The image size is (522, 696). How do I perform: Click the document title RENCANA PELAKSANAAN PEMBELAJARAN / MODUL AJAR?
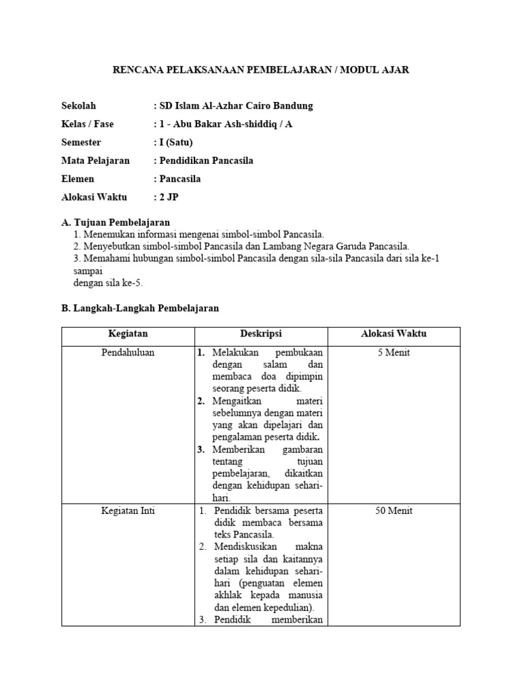pyautogui.click(x=260, y=69)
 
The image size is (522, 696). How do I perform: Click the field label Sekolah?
pyautogui.click(x=79, y=106)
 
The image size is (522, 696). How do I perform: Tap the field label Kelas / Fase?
pyautogui.click(x=88, y=124)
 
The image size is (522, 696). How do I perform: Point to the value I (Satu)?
pyautogui.click(x=175, y=143)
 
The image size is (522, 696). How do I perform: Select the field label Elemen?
pyautogui.click(x=77, y=179)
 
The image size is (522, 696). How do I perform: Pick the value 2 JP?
pyautogui.click(x=169, y=198)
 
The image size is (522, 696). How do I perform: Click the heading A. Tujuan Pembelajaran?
pyautogui.click(x=116, y=222)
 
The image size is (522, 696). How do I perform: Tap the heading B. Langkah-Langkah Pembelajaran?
pyautogui.click(x=140, y=308)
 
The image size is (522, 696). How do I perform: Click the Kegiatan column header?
pyautogui.click(x=128, y=334)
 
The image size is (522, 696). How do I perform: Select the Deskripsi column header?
pyautogui.click(x=261, y=334)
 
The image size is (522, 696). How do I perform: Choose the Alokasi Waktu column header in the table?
pyautogui.click(x=394, y=334)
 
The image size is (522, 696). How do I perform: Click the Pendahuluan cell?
pyautogui.click(x=128, y=353)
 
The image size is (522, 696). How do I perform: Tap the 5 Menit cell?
pyautogui.click(x=394, y=353)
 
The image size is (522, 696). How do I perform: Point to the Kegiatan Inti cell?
pyautogui.click(x=128, y=511)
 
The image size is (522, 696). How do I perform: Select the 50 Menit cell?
pyautogui.click(x=394, y=511)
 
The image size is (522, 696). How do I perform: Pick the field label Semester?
pyautogui.click(x=81, y=143)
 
